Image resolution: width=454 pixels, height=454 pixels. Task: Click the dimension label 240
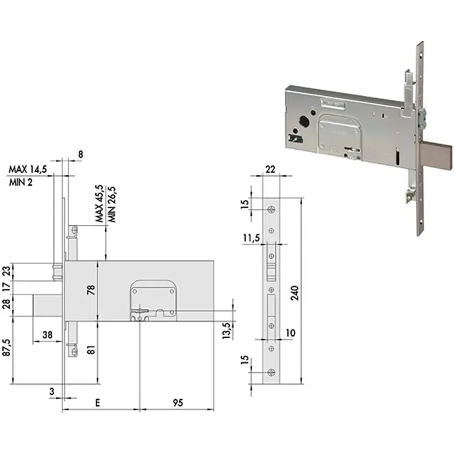click(x=294, y=293)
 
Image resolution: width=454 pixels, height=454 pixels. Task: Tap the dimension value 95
click(x=178, y=402)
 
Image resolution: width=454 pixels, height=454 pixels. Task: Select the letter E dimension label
click(x=98, y=402)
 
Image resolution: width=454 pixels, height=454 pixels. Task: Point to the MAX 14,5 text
click(x=28, y=169)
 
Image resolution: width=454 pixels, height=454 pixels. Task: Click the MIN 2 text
click(x=20, y=182)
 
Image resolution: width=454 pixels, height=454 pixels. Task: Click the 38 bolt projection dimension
click(x=48, y=335)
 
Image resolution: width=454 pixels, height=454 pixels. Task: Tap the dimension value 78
click(x=91, y=290)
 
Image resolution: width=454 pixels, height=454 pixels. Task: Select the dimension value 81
click(x=91, y=350)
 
